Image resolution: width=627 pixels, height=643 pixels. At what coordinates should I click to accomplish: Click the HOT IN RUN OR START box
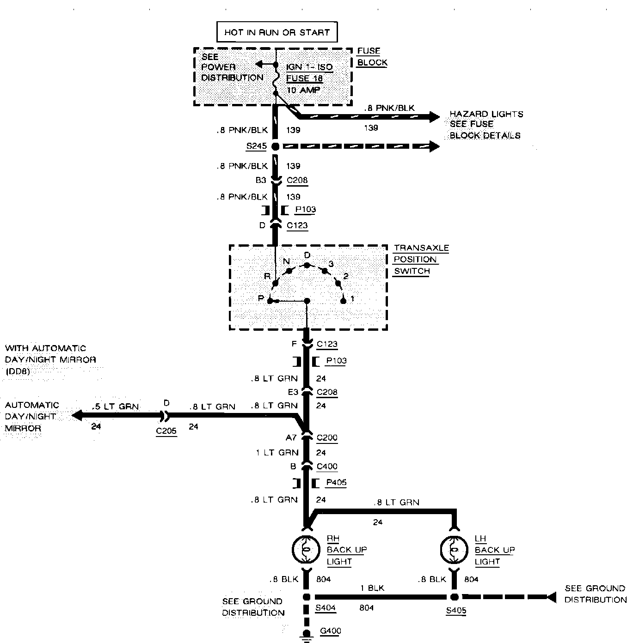point(277,32)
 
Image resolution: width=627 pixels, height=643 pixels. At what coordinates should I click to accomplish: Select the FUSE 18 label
point(304,78)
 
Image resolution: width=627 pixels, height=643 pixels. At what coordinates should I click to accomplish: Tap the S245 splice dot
point(275,146)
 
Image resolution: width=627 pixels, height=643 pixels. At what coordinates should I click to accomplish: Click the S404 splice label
point(326,608)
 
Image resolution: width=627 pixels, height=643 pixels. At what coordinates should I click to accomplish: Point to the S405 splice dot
point(455,597)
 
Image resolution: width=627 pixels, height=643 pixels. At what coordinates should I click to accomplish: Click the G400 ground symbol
point(306,635)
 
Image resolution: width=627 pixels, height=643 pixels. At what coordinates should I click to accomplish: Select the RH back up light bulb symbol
point(306,549)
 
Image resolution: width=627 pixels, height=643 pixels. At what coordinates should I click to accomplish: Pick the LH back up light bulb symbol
point(455,549)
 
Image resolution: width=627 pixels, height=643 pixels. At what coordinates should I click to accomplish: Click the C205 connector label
point(166,431)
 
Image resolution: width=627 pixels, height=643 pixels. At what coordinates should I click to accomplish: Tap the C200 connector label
point(327,437)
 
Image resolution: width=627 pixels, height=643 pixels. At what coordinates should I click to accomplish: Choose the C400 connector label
point(327,466)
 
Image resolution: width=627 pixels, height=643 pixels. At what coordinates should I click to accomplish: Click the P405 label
point(336,482)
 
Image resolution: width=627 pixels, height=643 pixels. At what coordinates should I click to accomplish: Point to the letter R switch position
point(267,276)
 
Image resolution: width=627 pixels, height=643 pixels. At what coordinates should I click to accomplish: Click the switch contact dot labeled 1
point(343,301)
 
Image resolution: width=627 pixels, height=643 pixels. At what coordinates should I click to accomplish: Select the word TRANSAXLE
point(421,248)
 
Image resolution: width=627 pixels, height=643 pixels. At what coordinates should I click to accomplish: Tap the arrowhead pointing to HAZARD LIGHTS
point(434,117)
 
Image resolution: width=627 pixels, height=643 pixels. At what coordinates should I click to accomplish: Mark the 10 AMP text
point(303,90)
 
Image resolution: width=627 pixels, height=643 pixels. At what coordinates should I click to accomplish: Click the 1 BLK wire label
point(372,588)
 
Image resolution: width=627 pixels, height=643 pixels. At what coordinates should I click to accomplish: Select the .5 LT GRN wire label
point(115,406)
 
